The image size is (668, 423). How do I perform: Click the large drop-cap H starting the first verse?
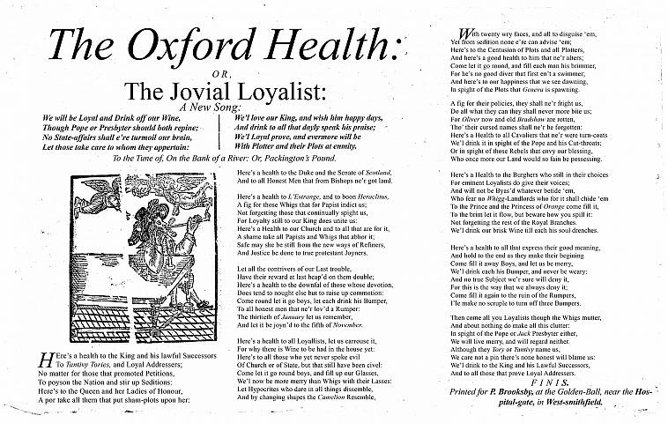(x=46, y=360)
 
